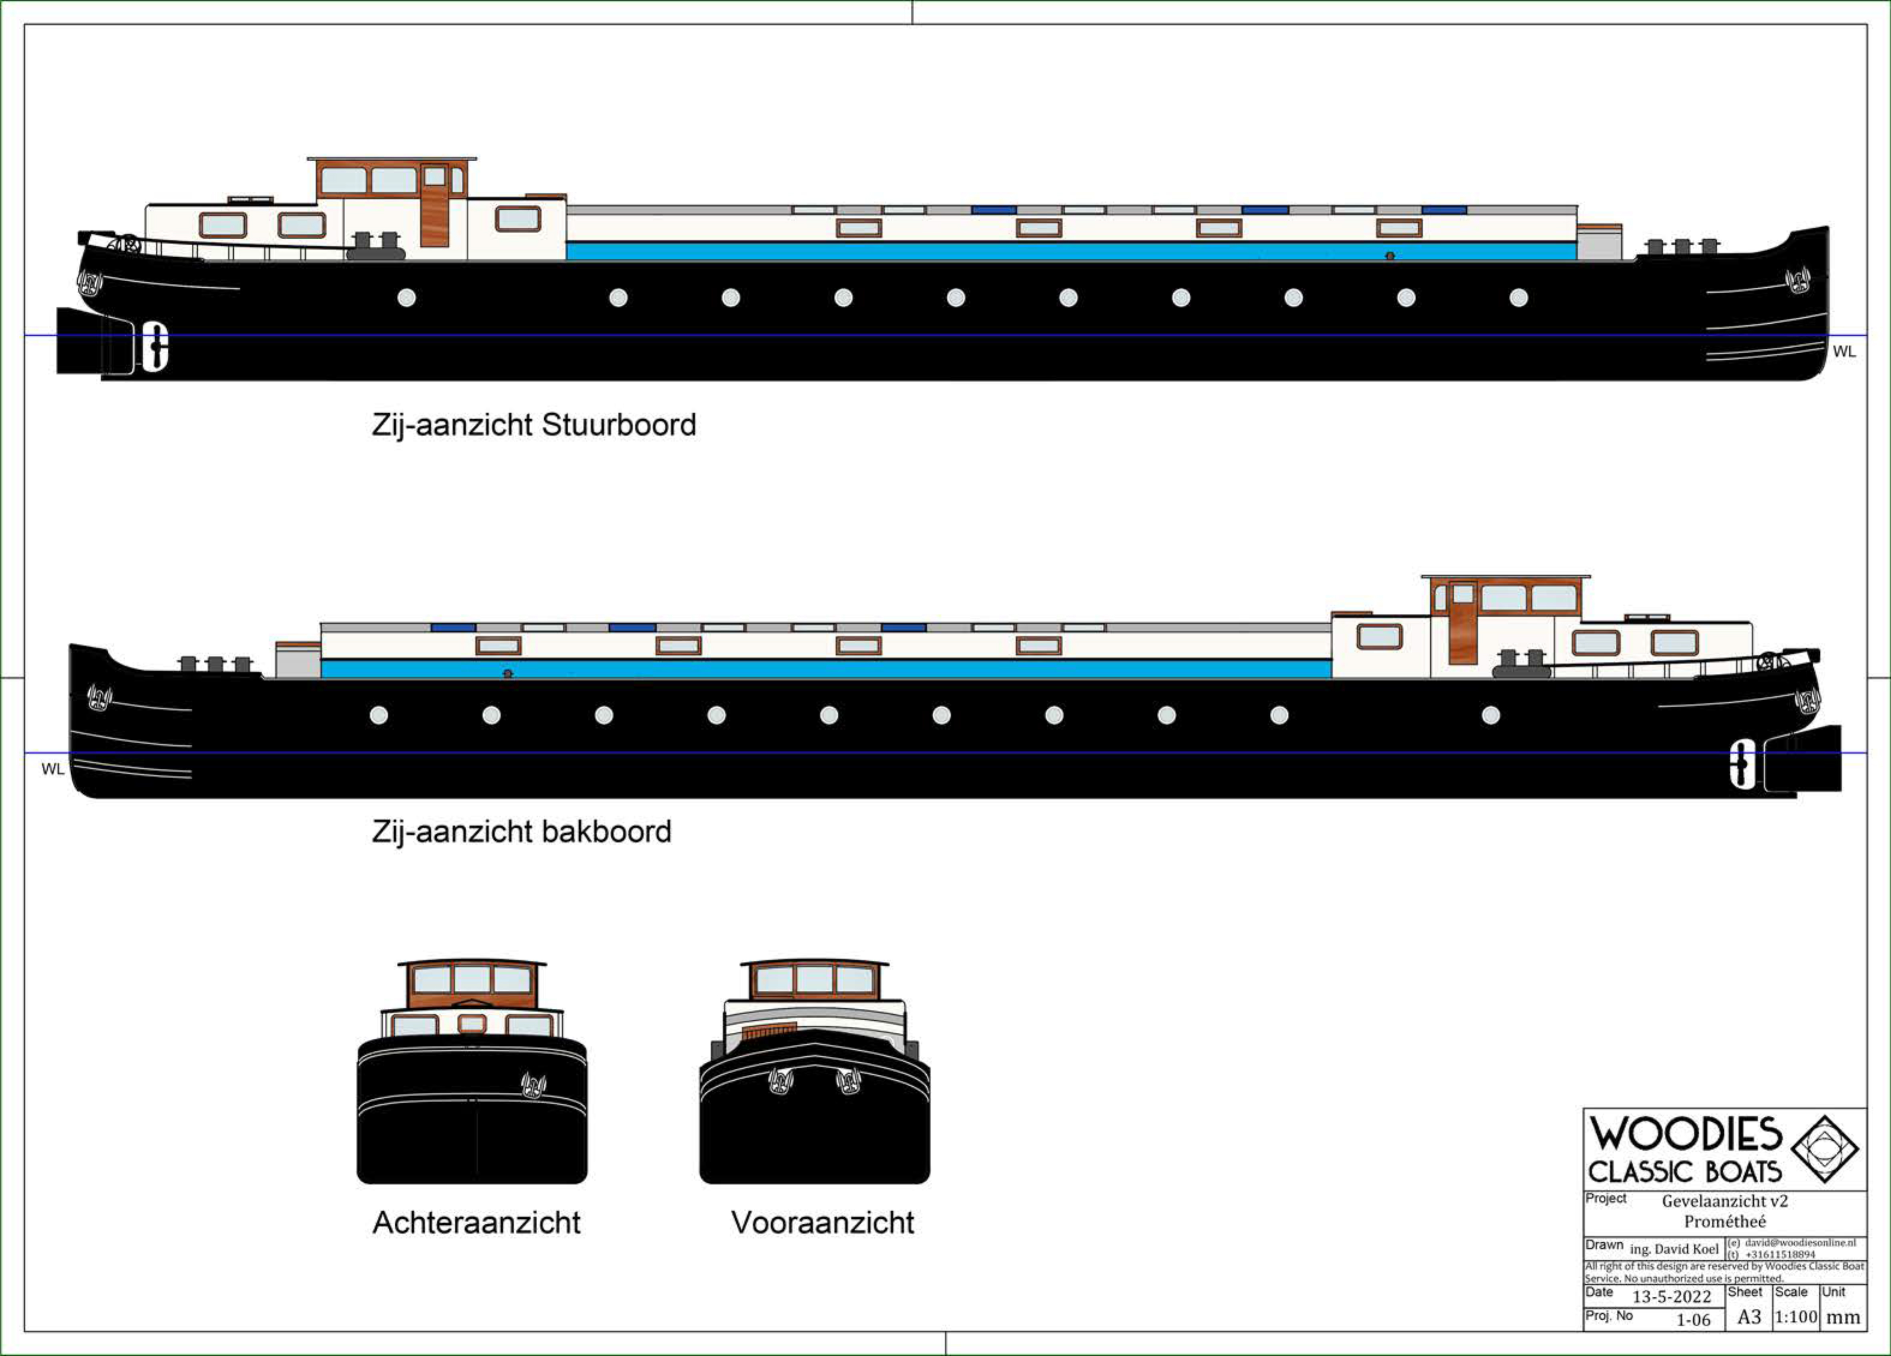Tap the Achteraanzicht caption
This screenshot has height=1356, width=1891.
point(476,1223)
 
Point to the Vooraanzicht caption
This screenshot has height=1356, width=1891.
point(822,1223)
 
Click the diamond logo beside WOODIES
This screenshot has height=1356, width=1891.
point(1825,1149)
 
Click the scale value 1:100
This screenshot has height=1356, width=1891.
point(1795,1317)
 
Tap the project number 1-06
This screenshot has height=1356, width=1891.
point(1693,1319)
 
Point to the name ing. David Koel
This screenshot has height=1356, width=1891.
point(1673,1248)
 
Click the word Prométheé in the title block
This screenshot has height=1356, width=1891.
point(1724,1222)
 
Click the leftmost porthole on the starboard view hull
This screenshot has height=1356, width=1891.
point(407,298)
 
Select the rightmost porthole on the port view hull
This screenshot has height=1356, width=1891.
point(1491,715)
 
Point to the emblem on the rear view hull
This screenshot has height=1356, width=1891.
point(534,1084)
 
